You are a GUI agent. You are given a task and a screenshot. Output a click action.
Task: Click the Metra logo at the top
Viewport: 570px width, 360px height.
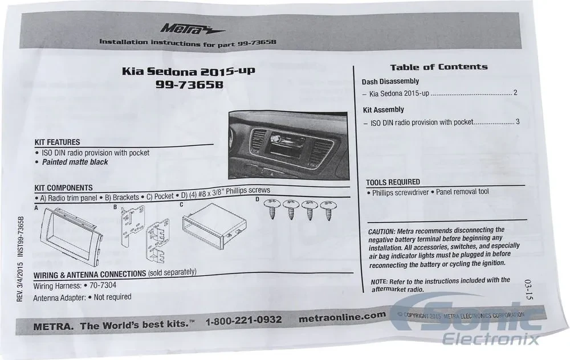(x=192, y=29)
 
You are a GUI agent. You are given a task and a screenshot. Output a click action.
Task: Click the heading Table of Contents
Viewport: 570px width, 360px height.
(x=439, y=67)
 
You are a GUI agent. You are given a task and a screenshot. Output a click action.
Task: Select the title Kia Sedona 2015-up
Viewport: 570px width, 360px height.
(x=188, y=71)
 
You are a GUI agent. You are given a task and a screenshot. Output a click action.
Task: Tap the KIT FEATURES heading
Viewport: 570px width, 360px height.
(x=57, y=142)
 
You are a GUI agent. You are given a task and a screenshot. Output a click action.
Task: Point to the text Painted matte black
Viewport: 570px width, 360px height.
(x=75, y=162)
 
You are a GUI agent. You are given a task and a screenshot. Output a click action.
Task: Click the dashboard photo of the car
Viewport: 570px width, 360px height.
(x=288, y=145)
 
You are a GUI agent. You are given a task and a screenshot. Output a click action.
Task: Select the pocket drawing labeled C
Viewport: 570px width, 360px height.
(x=214, y=226)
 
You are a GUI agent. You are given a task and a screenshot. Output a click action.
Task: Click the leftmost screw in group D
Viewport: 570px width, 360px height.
(x=271, y=208)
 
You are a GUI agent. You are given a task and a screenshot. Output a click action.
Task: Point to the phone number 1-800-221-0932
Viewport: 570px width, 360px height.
(x=243, y=320)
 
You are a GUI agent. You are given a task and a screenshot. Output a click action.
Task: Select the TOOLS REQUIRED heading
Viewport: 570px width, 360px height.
(x=393, y=182)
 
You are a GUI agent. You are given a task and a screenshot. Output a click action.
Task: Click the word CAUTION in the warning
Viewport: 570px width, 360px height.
(x=381, y=231)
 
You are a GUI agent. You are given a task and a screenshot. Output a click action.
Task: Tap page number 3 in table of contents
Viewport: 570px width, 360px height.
(x=518, y=122)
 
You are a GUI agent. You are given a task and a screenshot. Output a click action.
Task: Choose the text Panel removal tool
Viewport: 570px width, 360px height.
(x=462, y=191)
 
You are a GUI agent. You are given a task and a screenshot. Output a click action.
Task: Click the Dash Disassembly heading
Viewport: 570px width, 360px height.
(x=390, y=81)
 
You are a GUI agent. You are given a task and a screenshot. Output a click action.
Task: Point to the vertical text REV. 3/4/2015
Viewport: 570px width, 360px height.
(x=19, y=282)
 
